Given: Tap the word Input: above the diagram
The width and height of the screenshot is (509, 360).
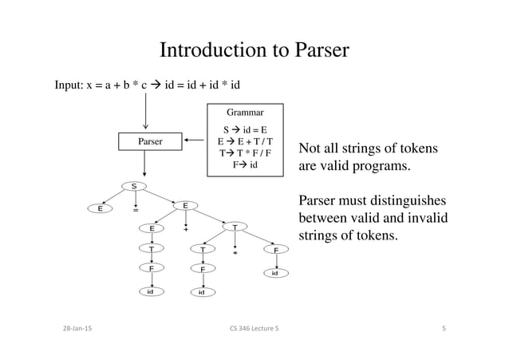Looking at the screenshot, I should point(69,85).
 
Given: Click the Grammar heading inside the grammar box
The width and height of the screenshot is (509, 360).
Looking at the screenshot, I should point(245,113).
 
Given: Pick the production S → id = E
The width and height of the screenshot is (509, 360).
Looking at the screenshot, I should point(245,128).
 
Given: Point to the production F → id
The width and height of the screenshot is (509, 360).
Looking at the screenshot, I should point(245,165).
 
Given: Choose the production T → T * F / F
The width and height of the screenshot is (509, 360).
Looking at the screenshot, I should point(245,152).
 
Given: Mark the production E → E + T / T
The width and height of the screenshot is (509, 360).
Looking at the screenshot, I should point(245,140).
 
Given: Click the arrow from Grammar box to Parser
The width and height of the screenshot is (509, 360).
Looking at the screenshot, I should point(194,141).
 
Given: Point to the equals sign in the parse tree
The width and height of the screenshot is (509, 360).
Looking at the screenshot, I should point(136,212).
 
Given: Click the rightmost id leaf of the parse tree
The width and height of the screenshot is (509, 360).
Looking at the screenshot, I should point(275,273).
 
